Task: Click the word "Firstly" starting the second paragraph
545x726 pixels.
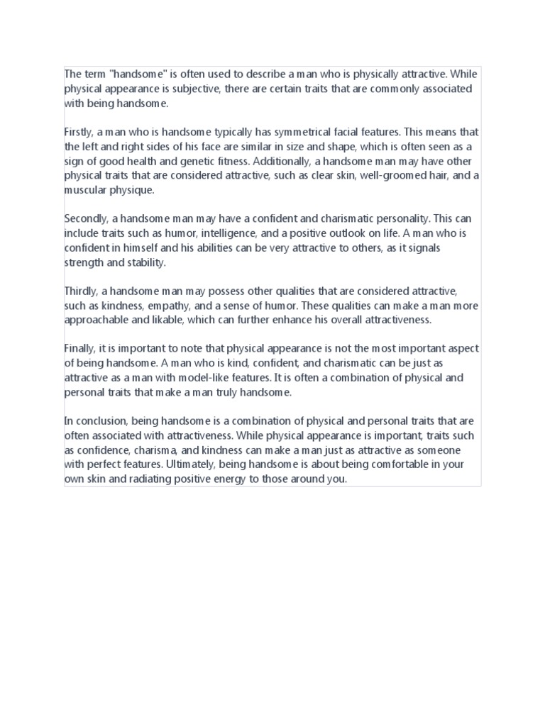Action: point(77,132)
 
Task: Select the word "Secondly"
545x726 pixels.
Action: point(87,218)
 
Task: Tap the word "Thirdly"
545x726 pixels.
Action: point(80,291)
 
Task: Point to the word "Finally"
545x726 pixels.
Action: point(78,349)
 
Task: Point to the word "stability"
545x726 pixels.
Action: point(144,262)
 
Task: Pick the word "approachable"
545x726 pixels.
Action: point(96,320)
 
